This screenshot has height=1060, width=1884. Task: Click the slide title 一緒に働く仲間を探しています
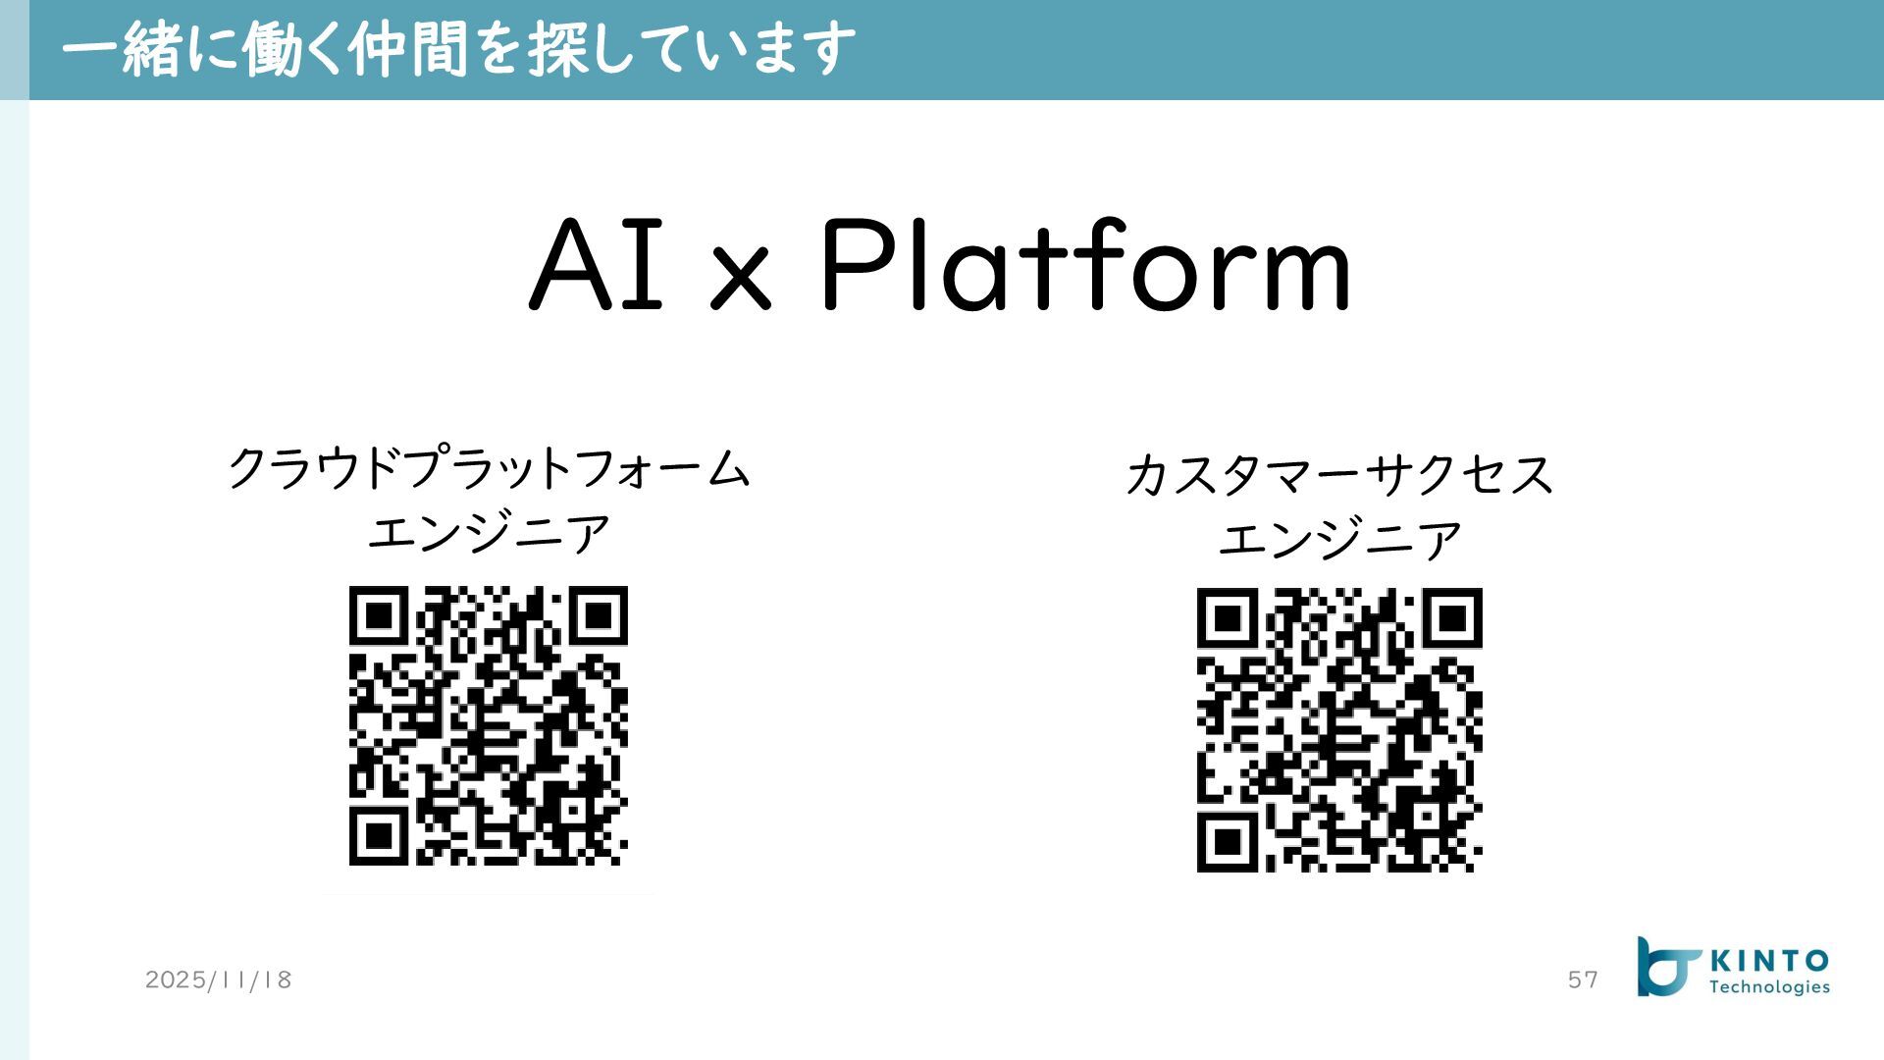point(457,49)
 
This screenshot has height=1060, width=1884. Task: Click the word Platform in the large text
point(1085,266)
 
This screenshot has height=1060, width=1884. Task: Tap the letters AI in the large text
point(598,266)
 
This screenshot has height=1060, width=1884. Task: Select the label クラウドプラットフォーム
point(488,467)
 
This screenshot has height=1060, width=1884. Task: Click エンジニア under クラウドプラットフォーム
point(488,534)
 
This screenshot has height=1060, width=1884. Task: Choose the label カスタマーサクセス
point(1339,474)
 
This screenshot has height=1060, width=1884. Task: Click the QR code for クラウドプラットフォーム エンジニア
point(488,725)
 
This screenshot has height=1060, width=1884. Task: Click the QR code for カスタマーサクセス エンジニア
point(1339,729)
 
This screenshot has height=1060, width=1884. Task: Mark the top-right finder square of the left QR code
point(598,616)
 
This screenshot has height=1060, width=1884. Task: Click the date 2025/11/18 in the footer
point(218,980)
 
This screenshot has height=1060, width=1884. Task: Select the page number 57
point(1583,980)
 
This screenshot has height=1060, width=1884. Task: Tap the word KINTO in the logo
point(1768,961)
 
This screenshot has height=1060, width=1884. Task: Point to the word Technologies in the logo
point(1769,987)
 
